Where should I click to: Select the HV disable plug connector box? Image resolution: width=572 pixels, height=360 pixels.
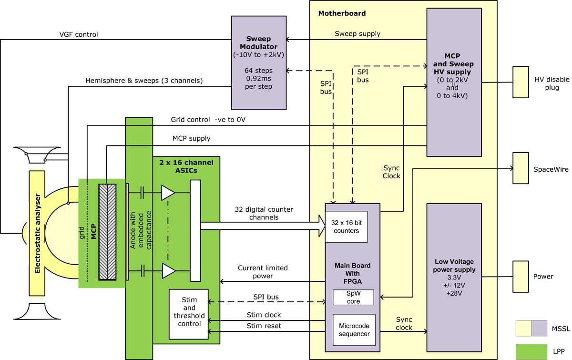click(521, 82)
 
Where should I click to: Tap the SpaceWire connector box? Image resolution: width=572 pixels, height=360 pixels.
click(521, 168)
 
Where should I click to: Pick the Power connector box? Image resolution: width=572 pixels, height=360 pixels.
click(521, 277)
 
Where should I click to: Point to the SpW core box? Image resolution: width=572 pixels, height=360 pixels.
click(354, 298)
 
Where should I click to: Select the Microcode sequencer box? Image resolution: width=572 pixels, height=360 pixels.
click(354, 329)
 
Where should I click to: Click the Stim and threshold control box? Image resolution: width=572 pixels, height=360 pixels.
click(189, 314)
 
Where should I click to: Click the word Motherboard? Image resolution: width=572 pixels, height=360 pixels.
click(342, 13)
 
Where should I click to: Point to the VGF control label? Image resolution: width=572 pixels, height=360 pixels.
click(79, 34)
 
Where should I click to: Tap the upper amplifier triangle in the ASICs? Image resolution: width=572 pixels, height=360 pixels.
click(168, 193)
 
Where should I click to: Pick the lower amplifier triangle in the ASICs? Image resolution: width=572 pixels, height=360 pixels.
click(168, 271)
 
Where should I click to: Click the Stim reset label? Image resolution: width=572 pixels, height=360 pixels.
click(264, 326)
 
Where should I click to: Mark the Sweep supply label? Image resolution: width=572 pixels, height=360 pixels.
click(357, 34)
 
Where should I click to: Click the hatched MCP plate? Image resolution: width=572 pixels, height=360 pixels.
click(108, 232)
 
